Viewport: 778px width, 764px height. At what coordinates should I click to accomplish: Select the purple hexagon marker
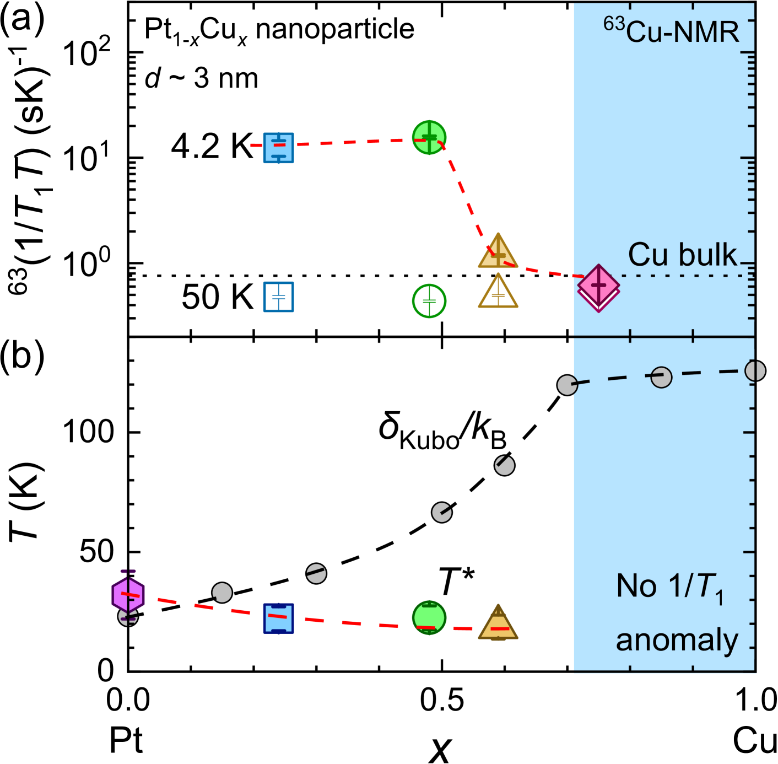[x=128, y=595]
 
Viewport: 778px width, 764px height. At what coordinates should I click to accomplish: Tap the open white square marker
[x=278, y=297]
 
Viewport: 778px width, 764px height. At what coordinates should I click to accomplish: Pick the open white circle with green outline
[x=429, y=301]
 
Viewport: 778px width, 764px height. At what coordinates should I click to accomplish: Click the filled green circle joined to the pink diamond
[x=429, y=137]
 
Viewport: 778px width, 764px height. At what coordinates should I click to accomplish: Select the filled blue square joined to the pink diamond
[x=278, y=148]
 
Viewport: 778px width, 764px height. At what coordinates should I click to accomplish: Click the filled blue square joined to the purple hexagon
[x=278, y=618]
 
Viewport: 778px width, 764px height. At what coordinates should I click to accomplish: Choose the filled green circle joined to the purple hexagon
[x=429, y=617]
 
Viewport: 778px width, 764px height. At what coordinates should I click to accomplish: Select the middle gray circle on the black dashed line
[x=661, y=377]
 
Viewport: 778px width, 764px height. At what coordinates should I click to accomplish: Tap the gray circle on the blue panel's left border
[x=568, y=385]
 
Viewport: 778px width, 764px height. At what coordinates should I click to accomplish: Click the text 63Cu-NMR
[x=671, y=31]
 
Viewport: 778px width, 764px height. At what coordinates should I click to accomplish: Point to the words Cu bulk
[x=682, y=255]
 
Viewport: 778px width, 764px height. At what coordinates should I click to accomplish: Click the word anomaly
[x=677, y=641]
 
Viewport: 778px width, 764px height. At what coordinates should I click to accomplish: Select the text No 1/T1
[x=669, y=587]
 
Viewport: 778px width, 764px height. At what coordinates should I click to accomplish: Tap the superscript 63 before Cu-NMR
[x=614, y=23]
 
